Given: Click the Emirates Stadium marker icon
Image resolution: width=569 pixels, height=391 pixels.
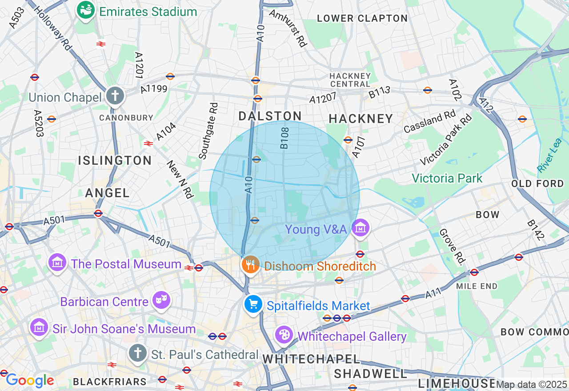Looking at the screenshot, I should [x=85, y=10].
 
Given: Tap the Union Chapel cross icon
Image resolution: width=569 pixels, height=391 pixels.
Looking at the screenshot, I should [x=115, y=96].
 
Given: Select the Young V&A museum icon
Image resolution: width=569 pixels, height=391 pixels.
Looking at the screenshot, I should [x=361, y=228].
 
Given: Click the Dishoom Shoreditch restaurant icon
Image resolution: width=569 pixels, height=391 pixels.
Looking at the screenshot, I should [x=251, y=265].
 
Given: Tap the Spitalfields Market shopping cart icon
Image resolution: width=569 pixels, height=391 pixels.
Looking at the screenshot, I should [x=253, y=305].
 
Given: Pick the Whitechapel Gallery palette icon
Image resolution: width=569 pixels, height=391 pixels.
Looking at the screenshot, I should [x=284, y=335].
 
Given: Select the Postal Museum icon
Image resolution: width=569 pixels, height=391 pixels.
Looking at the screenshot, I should [x=58, y=263].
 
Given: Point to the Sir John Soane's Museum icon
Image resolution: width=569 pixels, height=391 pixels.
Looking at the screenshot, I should [x=39, y=328].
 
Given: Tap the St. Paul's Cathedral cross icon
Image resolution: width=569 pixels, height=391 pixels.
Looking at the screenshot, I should [x=138, y=353].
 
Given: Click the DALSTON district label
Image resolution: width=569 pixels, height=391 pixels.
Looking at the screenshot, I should [x=270, y=116].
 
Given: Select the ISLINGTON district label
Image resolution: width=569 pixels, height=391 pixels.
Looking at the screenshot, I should [x=115, y=160].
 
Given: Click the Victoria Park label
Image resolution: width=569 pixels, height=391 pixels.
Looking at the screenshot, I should [x=447, y=179].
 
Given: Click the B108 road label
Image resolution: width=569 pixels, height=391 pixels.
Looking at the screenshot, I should [x=284, y=138].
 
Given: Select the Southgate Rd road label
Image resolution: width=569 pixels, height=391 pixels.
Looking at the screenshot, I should [x=209, y=131].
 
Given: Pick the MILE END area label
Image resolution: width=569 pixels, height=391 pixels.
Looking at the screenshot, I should [x=477, y=286].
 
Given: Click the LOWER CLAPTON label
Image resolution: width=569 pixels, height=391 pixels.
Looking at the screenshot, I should [x=362, y=18].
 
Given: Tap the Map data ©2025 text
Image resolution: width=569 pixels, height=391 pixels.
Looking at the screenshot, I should [x=531, y=385].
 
